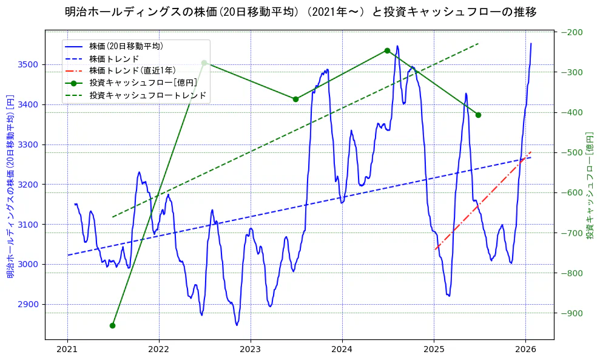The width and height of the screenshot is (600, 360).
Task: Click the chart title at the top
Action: (300, 12)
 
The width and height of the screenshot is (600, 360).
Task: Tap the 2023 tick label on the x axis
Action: (251, 350)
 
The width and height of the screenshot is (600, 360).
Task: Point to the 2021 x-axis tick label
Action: (67, 350)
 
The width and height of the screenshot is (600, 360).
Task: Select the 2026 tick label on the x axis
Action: (525, 350)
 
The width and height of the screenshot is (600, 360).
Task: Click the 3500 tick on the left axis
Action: (29, 64)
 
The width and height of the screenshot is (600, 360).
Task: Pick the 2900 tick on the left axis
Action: (29, 304)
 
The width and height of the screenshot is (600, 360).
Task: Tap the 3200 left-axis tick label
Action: (29, 185)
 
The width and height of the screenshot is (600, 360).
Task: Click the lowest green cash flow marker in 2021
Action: (112, 325)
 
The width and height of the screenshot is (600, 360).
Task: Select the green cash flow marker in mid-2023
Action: (295, 99)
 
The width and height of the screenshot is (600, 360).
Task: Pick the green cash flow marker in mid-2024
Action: (387, 50)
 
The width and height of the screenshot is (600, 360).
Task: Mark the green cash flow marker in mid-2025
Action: (478, 115)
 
